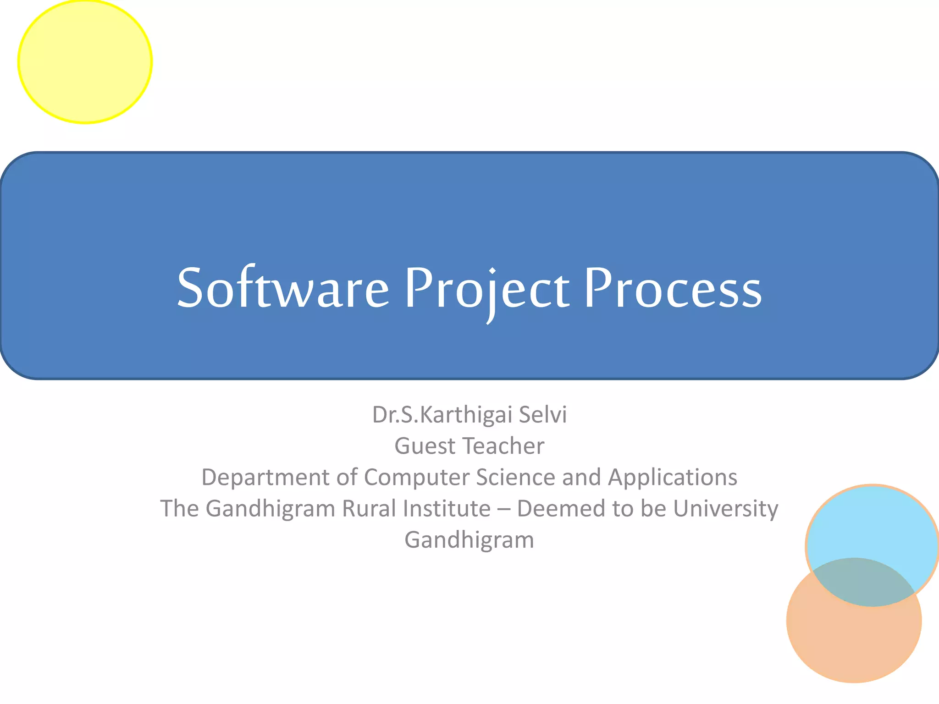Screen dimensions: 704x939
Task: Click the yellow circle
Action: point(85,61)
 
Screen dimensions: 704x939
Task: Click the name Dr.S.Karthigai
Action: point(442,415)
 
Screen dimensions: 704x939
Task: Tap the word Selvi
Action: point(543,415)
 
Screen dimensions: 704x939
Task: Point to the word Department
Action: point(265,478)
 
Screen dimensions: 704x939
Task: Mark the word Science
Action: point(515,477)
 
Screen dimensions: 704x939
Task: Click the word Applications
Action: point(673,477)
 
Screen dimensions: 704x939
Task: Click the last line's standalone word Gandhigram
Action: point(469,540)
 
